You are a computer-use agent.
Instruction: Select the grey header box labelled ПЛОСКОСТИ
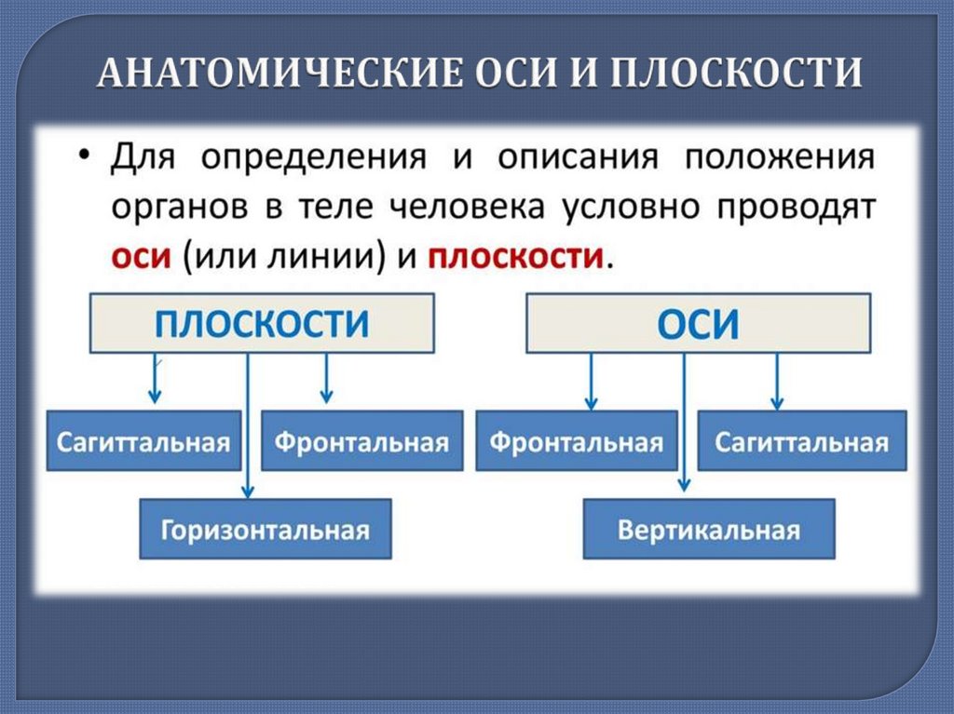[262, 323]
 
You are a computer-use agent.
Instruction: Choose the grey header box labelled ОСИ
[698, 323]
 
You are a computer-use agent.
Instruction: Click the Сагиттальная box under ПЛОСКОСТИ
[143, 441]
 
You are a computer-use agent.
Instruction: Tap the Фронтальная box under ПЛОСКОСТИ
[361, 441]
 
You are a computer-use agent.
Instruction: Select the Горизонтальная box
[266, 530]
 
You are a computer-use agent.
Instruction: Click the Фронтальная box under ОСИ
[577, 441]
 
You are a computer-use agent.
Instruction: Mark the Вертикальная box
[709, 530]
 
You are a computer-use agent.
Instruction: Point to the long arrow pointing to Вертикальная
[684, 419]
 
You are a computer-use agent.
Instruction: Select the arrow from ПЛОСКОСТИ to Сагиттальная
[155, 379]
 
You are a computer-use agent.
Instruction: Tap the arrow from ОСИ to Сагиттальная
[776, 382]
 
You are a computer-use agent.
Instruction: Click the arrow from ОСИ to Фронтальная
[590, 382]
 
